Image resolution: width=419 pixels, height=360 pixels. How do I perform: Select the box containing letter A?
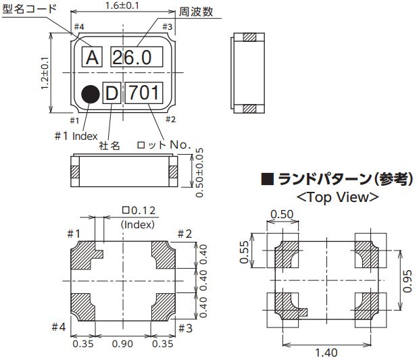[x=93, y=57]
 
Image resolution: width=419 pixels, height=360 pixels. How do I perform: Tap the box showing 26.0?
[x=135, y=57]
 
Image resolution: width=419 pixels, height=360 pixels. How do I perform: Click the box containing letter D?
[x=112, y=93]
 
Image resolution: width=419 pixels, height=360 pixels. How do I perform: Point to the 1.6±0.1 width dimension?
[x=122, y=5]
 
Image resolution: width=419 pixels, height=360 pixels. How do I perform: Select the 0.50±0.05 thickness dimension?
[x=199, y=172]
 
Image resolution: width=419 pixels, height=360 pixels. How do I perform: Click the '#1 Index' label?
[x=76, y=135]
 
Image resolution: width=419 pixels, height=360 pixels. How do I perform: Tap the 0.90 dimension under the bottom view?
[x=122, y=344]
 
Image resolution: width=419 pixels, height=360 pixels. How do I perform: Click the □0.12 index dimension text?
[x=138, y=211]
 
